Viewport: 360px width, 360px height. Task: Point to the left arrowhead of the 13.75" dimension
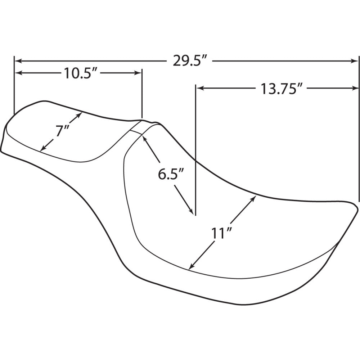pyautogui.click(x=199, y=88)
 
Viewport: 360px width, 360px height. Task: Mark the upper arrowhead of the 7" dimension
pyautogui.click(x=80, y=114)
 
